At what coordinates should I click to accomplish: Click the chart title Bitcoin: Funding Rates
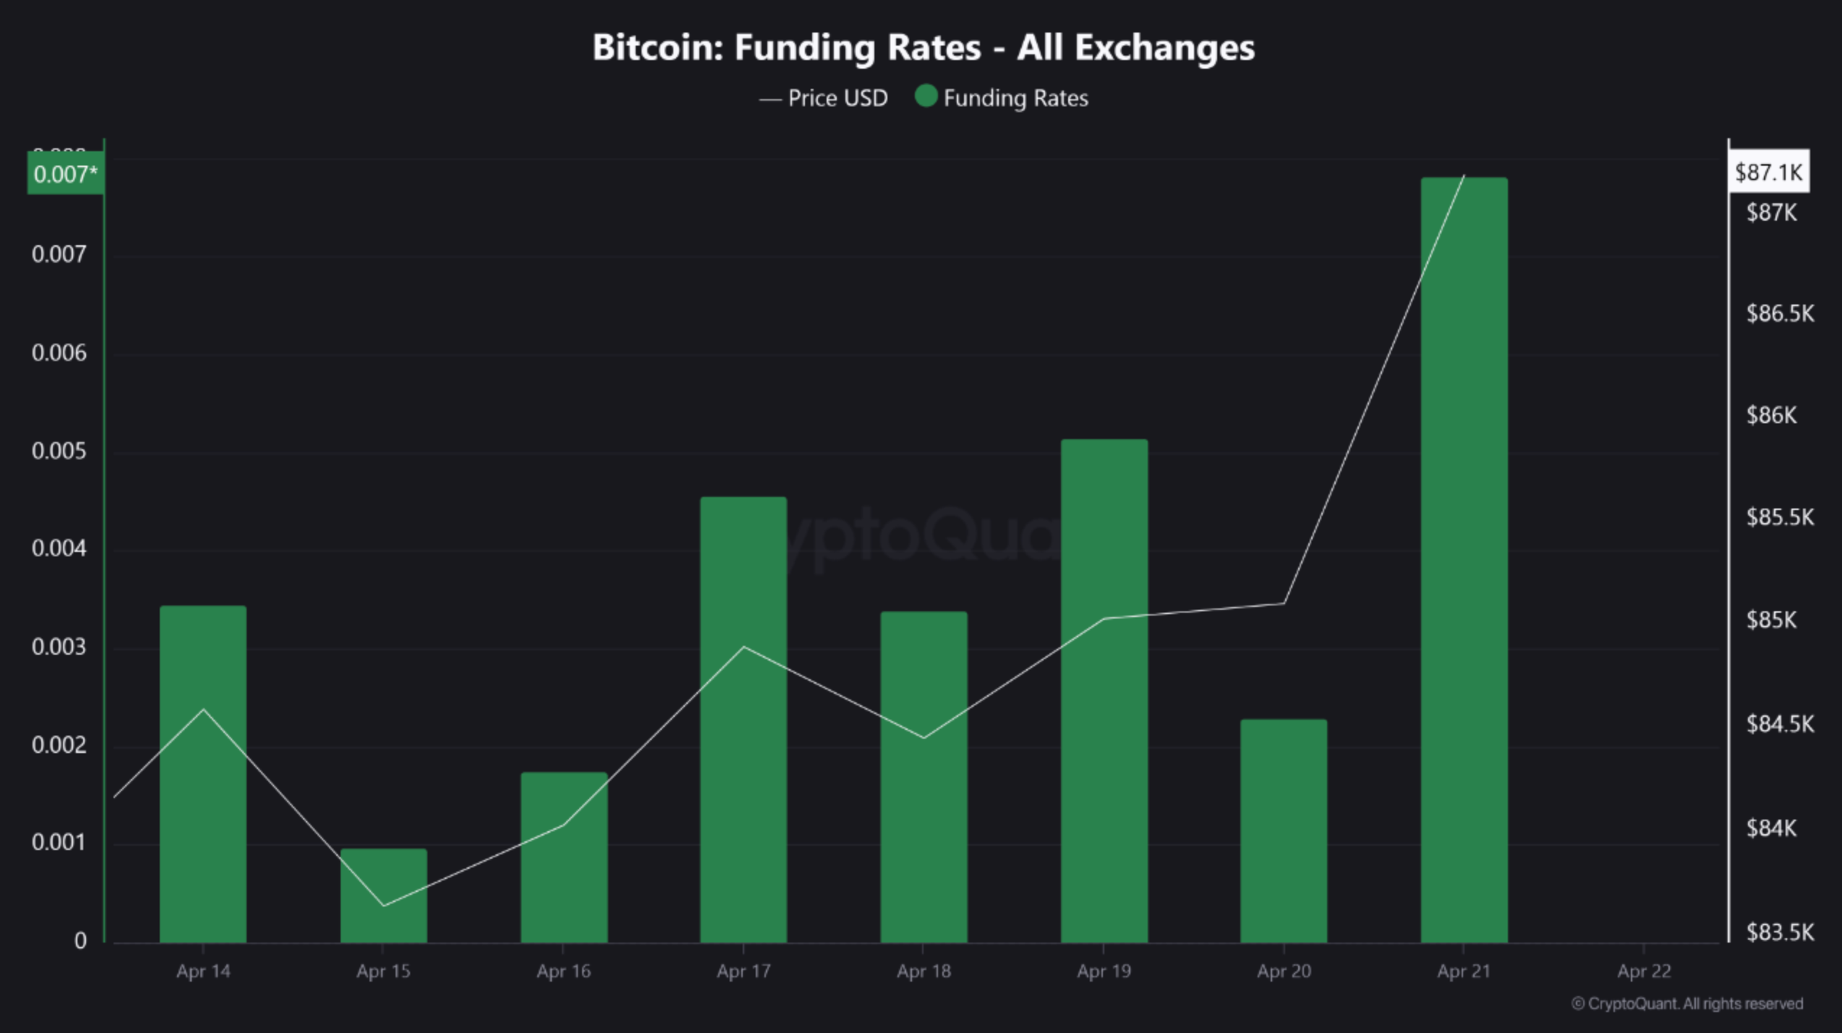point(923,48)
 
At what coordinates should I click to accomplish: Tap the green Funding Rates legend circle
point(926,96)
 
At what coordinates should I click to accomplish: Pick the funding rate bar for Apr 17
point(743,719)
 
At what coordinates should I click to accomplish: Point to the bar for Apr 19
point(1104,690)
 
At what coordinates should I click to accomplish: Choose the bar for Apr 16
point(563,857)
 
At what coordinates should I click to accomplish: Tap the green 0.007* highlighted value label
point(65,174)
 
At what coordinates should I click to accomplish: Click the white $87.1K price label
point(1768,172)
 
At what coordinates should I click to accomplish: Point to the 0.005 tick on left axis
point(59,451)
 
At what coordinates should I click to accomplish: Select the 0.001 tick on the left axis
point(59,843)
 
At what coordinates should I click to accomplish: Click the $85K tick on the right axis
point(1770,620)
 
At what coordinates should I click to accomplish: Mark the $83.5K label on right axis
point(1779,932)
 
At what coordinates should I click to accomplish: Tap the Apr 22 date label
point(1644,971)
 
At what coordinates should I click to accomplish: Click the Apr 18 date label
point(923,971)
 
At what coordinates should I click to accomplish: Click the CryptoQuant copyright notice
point(1687,1004)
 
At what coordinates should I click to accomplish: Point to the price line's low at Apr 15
point(384,906)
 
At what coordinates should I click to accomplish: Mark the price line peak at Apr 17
point(743,647)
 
